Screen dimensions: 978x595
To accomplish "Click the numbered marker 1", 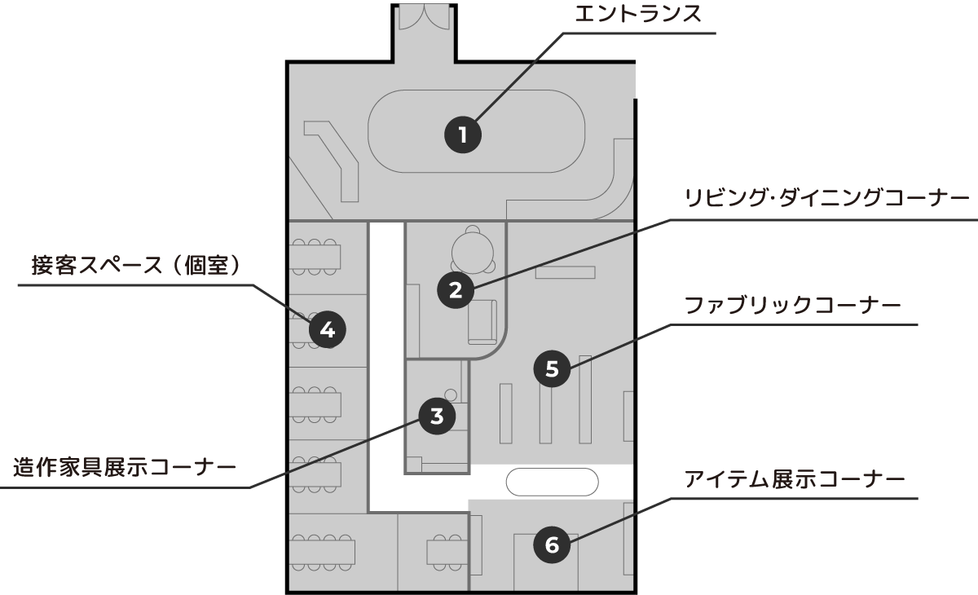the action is pyautogui.click(x=463, y=134).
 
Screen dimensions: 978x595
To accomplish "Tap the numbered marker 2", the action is pyautogui.click(x=456, y=289).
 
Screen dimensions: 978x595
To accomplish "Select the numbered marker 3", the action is pyautogui.click(x=437, y=416).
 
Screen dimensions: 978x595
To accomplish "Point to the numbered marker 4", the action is pyautogui.click(x=327, y=330).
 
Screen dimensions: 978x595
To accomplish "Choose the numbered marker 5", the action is pyautogui.click(x=552, y=369).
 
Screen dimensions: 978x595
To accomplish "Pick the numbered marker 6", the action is pyautogui.click(x=552, y=544).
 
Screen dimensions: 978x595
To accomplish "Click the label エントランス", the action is pyautogui.click(x=638, y=15).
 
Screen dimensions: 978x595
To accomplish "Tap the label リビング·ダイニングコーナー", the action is pyautogui.click(x=826, y=199).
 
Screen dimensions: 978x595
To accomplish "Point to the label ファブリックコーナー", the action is pyautogui.click(x=791, y=306).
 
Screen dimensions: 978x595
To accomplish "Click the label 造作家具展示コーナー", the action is pyautogui.click(x=124, y=468).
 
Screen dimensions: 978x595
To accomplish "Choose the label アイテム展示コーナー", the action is pyautogui.click(x=795, y=478).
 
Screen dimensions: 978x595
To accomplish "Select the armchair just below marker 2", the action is pyautogui.click(x=482, y=321).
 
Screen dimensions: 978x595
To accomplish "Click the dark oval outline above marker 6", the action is pyautogui.click(x=552, y=482).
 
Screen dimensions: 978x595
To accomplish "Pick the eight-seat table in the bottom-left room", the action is pyautogui.click(x=322, y=552).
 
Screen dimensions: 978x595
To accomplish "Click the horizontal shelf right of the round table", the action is pyautogui.click(x=565, y=272).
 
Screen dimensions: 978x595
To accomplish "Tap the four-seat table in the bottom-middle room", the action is pyautogui.click(x=447, y=552).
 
